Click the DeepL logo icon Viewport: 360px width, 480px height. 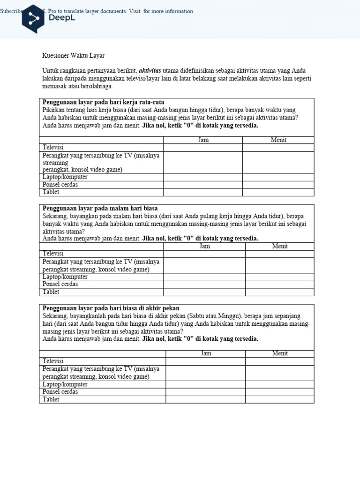pyautogui.click(x=33, y=18)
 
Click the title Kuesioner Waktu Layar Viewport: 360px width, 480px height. pyautogui.click(x=73, y=55)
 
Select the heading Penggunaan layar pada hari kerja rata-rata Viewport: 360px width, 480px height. pyautogui.click(x=103, y=102)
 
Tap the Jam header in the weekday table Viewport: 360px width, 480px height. pyautogui.click(x=203, y=140)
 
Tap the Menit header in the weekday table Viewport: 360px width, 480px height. pyautogui.click(x=278, y=140)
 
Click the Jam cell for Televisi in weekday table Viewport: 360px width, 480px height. pyautogui.click(x=203, y=148)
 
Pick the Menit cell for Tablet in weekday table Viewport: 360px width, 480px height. pyautogui.click(x=278, y=192)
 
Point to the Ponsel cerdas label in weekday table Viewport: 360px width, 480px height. pyautogui.click(x=60, y=185)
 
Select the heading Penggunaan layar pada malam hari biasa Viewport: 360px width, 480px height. pyautogui.click(x=100, y=208)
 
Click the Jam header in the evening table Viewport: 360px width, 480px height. pyautogui.click(x=204, y=246)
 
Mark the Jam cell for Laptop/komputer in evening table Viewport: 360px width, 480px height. pyautogui.click(x=204, y=277)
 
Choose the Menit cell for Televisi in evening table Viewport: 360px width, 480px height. pyautogui.click(x=280, y=254)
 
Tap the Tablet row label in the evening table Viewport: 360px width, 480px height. pyautogui.click(x=51, y=292)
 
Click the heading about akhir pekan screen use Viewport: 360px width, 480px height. pyautogui.click(x=111, y=308)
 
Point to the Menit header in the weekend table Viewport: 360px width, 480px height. pyautogui.click(x=280, y=353)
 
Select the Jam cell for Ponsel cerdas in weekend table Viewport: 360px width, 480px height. pyautogui.click(x=205, y=392)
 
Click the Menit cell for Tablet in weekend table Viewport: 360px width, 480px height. pyautogui.click(x=280, y=399)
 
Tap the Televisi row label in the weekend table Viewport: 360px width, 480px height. pyautogui.click(x=53, y=361)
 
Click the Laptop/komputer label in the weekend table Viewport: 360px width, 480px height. pyautogui.click(x=65, y=384)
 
